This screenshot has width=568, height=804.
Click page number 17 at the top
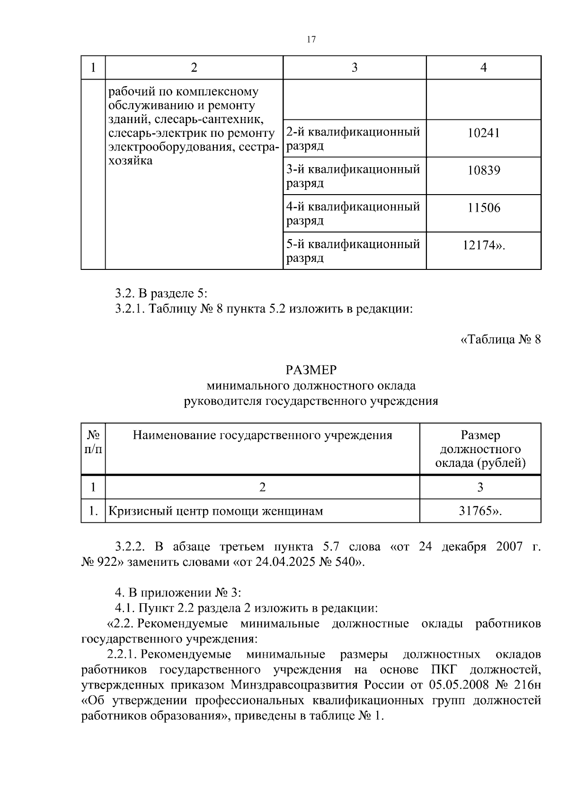point(311,39)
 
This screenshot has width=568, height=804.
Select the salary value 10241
point(483,133)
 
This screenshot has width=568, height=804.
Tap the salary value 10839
point(483,170)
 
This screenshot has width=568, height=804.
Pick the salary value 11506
point(483,208)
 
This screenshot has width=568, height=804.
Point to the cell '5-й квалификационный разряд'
point(354,251)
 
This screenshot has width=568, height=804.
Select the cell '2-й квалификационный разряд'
point(354,138)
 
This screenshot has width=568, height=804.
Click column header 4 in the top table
point(483,68)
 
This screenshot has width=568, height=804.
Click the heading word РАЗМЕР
point(311,370)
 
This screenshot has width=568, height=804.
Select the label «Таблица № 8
point(500,339)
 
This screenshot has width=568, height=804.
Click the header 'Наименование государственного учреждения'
point(262,435)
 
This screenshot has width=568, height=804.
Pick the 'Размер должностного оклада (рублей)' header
point(480,449)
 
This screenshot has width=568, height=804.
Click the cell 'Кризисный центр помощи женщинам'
point(216,511)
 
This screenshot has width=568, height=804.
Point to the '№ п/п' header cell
point(93,442)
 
